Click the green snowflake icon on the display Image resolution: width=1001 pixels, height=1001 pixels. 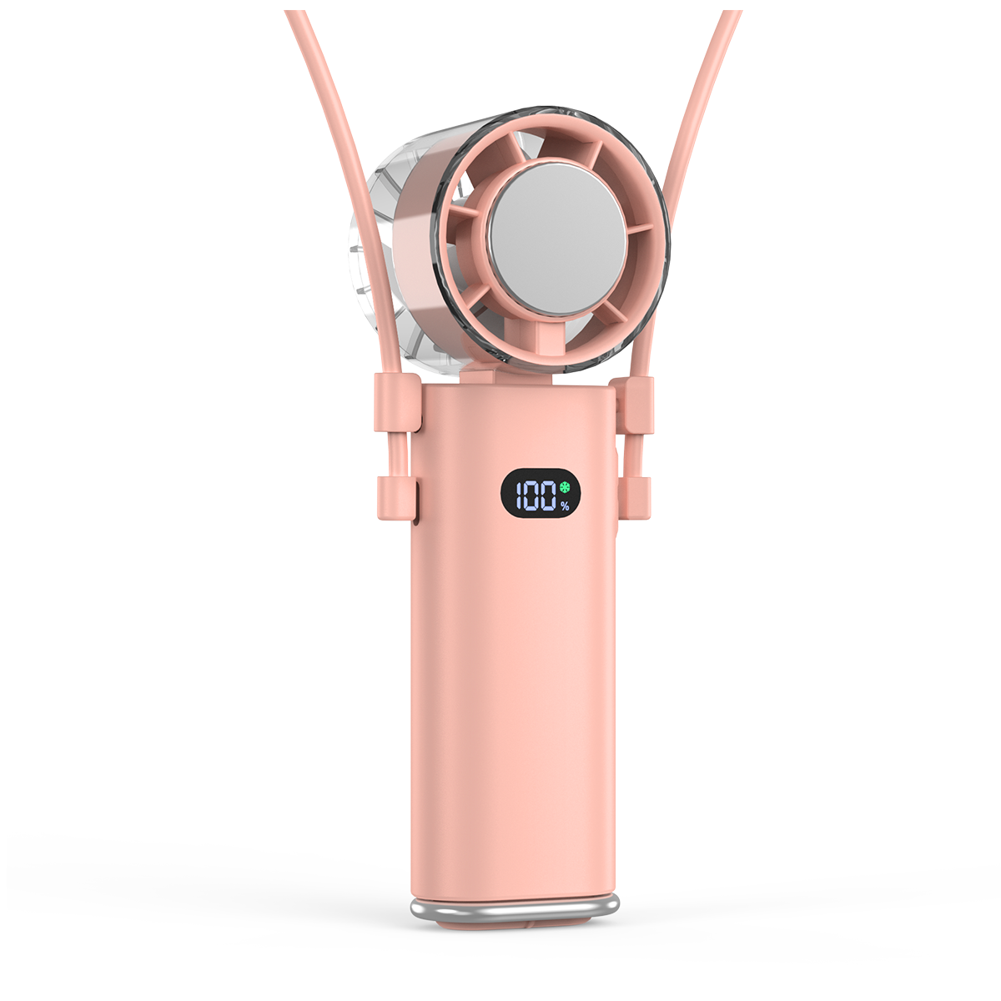565,487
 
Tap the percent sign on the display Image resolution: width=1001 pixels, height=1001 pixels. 565,506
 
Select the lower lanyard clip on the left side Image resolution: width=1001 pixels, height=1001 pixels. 397,497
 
